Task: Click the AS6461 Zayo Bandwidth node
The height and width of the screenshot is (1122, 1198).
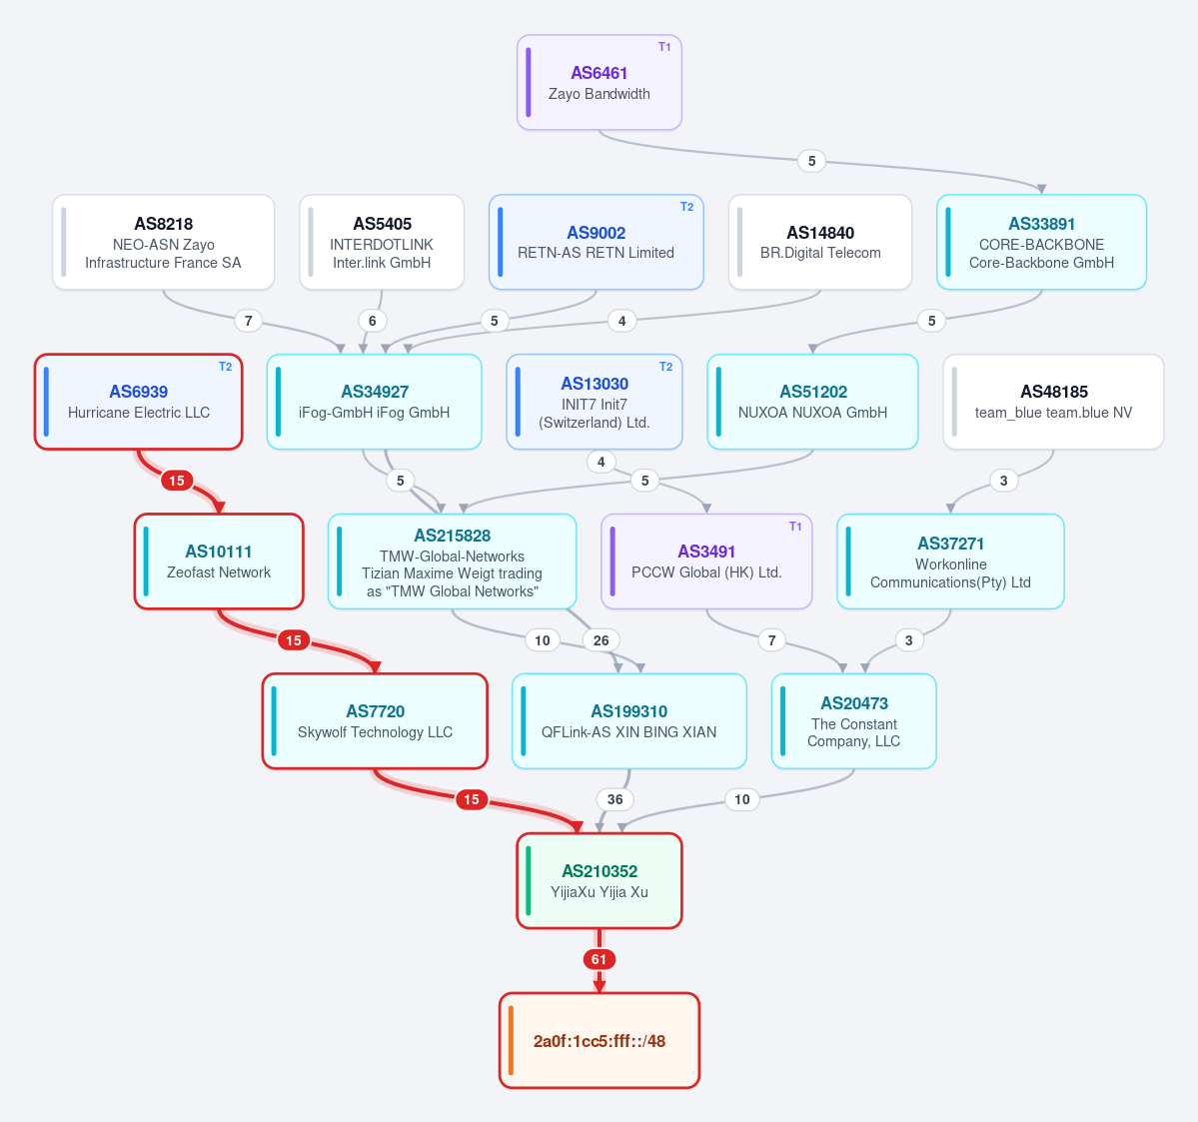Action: click(x=599, y=83)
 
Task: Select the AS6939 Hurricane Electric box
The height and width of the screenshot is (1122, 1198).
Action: click(x=138, y=402)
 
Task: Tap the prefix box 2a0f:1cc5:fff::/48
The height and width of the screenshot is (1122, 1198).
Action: click(x=599, y=1040)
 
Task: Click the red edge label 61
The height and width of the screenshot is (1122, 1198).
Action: click(x=599, y=959)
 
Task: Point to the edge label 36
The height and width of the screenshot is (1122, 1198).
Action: click(x=615, y=799)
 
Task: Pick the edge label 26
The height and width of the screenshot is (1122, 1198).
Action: click(x=601, y=640)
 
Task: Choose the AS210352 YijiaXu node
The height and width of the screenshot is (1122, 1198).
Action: click(x=599, y=880)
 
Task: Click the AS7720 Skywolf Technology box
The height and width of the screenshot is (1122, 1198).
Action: click(x=375, y=721)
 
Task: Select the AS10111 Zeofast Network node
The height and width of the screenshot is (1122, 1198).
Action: click(x=219, y=561)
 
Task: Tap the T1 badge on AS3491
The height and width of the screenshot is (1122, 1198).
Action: click(x=795, y=527)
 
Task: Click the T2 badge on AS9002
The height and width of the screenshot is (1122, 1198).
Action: click(x=686, y=207)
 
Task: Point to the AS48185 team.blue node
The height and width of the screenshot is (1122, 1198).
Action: click(x=1053, y=402)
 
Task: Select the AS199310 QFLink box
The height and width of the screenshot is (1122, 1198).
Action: click(x=628, y=721)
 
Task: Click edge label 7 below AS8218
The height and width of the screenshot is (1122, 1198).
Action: click(x=249, y=321)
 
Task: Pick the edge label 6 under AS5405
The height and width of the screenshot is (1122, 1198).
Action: click(x=372, y=321)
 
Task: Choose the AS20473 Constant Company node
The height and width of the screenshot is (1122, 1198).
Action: click(x=853, y=721)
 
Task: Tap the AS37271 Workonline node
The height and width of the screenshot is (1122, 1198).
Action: click(x=950, y=561)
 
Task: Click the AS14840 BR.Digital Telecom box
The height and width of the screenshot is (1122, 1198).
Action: click(x=819, y=242)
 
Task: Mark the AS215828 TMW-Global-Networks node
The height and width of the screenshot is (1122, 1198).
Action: click(x=453, y=561)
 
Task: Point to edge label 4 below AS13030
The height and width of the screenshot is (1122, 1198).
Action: click(x=601, y=463)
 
